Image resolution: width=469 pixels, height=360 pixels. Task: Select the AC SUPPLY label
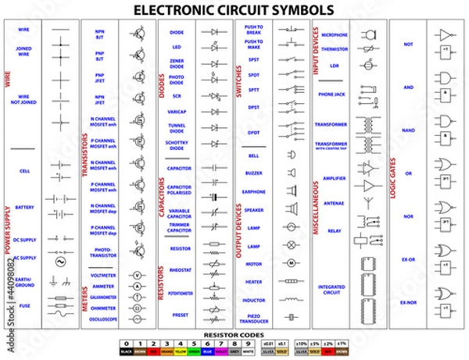point(25,258)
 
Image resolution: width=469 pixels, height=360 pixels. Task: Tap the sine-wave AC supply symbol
point(60,264)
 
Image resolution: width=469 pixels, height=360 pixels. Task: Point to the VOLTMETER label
point(103,276)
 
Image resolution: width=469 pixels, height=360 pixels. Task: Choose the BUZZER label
point(254,173)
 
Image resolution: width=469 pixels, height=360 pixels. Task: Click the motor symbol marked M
point(291,263)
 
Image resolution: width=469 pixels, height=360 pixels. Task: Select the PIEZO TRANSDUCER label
point(254,319)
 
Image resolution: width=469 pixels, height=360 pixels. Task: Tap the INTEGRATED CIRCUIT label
point(332,289)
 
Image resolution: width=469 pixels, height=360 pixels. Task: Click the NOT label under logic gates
point(407,45)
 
